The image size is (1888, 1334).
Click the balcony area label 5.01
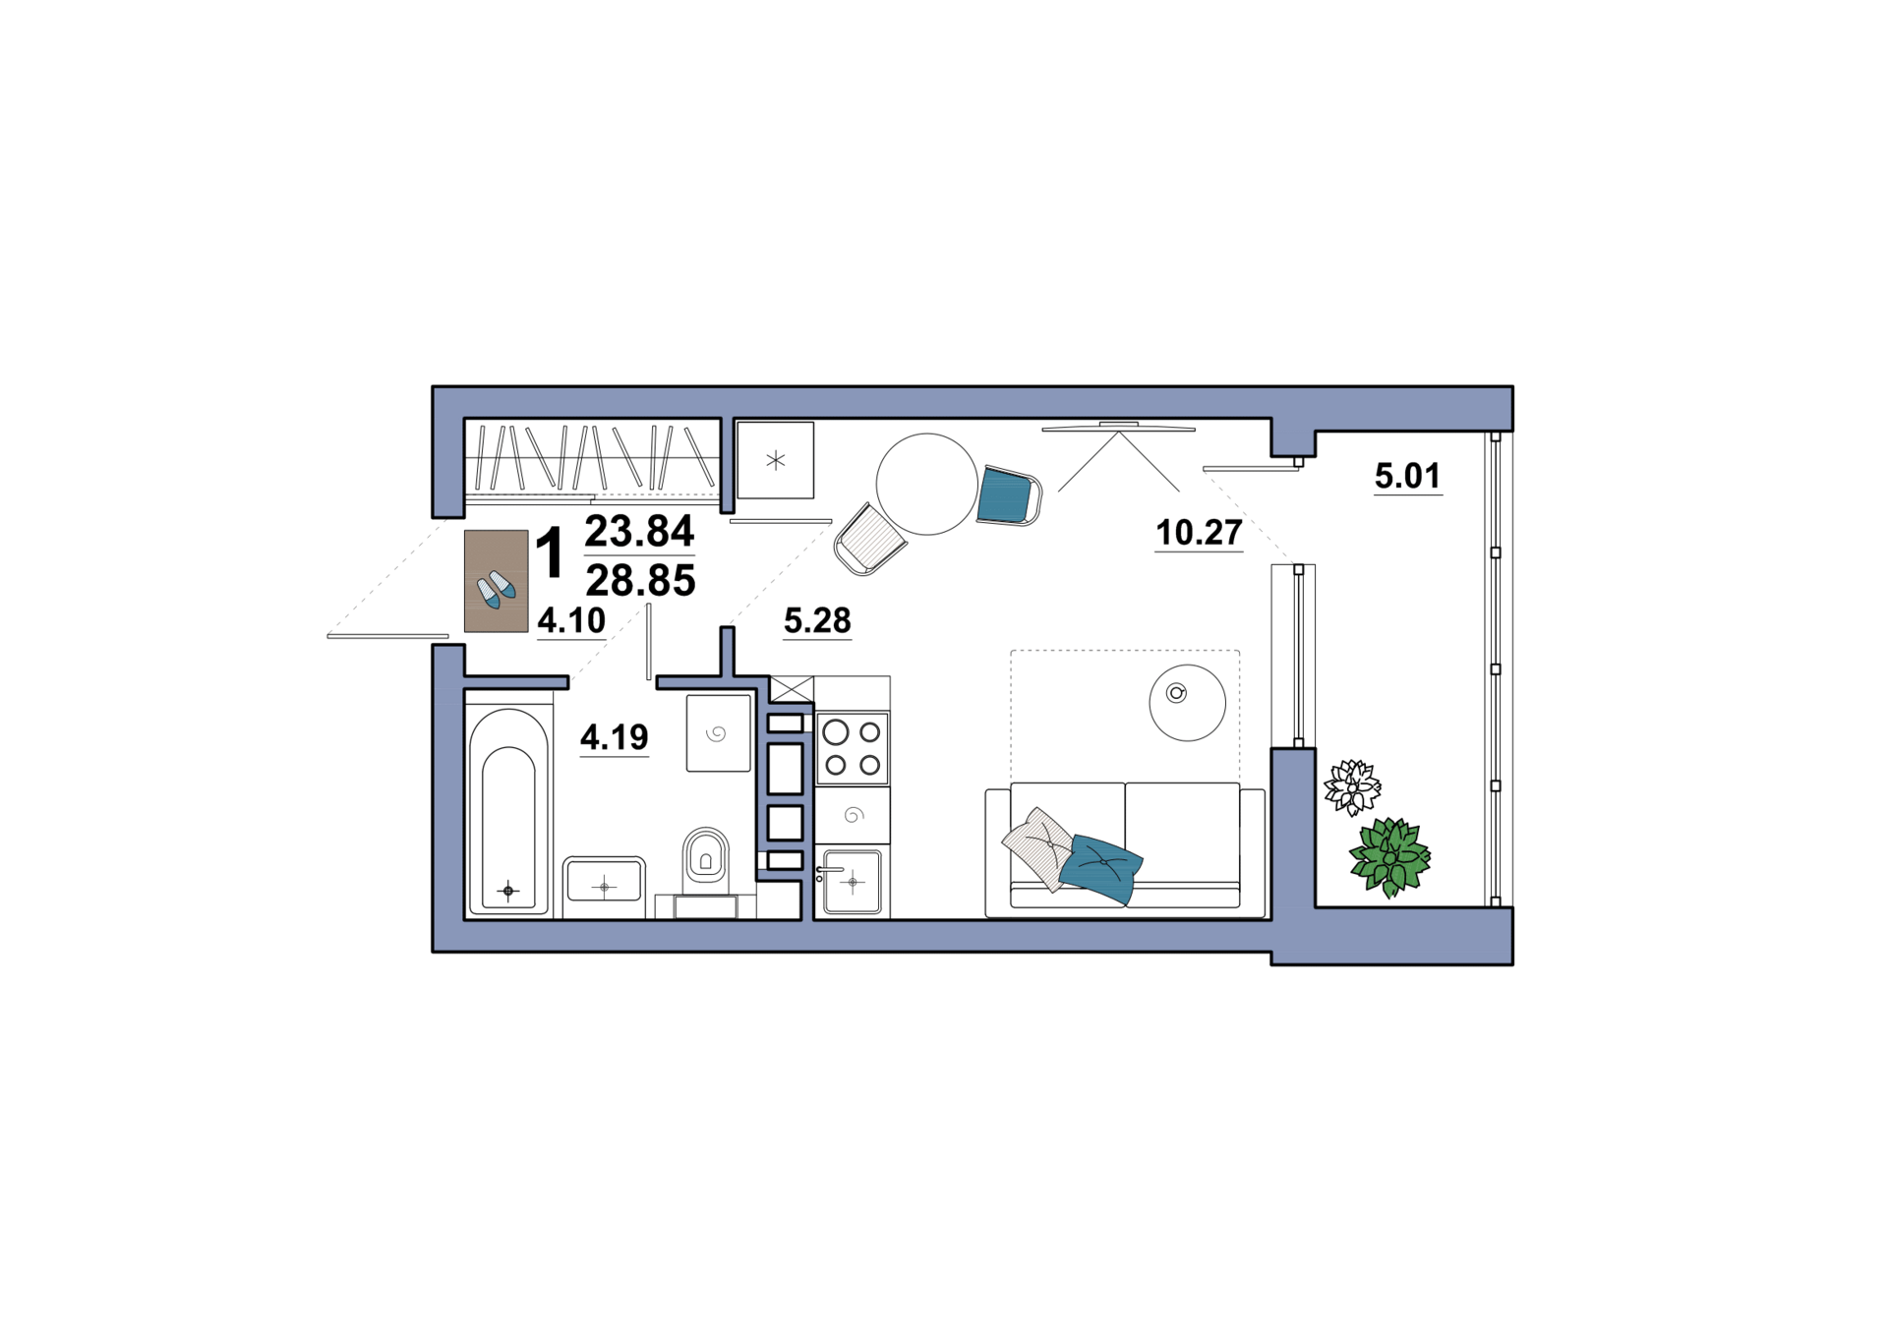click(x=1407, y=477)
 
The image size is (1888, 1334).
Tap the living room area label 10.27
click(x=1199, y=533)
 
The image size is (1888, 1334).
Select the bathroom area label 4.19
click(x=615, y=736)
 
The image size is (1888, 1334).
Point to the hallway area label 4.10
click(x=571, y=620)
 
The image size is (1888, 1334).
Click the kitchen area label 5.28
click(x=817, y=620)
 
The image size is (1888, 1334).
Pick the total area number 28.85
click(x=640, y=581)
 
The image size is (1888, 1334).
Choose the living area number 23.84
click(x=639, y=531)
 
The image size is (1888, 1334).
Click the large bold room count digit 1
click(x=550, y=552)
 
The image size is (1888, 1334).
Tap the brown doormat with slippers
click(x=497, y=581)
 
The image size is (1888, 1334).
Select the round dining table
click(x=926, y=485)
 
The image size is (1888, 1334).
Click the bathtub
click(x=508, y=811)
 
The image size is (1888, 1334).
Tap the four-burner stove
click(x=853, y=748)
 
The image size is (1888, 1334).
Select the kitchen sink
click(x=853, y=882)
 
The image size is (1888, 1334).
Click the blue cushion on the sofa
click(x=1101, y=867)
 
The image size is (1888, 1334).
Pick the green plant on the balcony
click(x=1389, y=857)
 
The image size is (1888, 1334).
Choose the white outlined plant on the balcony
click(x=1352, y=786)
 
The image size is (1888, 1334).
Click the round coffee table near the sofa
click(x=1187, y=702)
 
